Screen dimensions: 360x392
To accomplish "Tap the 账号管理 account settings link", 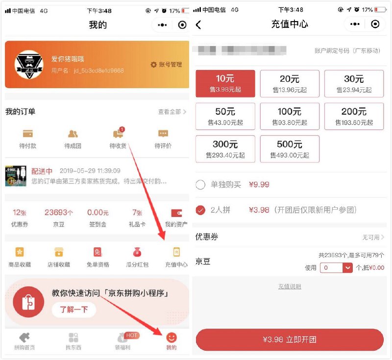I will tap(167, 65).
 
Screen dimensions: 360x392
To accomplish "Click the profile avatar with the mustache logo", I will tap(28, 65).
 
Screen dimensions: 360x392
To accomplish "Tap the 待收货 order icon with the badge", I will tap(118, 133).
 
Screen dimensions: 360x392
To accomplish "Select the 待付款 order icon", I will tap(27, 133).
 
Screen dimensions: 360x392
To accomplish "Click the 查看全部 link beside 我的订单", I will tap(171, 112).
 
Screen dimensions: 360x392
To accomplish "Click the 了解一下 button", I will tap(74, 310).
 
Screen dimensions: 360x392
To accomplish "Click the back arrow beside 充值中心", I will tap(198, 24).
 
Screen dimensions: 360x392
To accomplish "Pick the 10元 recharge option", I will tap(225, 83).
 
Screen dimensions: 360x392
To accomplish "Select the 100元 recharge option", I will tap(290, 116).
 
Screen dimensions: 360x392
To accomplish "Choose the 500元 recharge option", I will tap(290, 149).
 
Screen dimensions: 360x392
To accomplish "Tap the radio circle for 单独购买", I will tap(200, 185).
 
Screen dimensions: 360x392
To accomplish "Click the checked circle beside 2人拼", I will tap(200, 210).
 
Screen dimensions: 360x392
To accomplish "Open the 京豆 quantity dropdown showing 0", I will tap(347, 268).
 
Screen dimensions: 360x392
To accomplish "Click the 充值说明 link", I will tap(290, 287).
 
